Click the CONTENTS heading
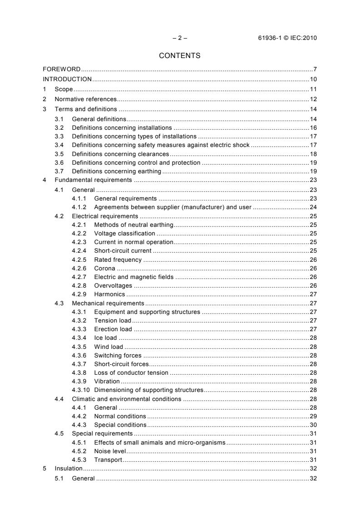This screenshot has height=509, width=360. (180, 56)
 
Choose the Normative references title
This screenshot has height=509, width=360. (86, 99)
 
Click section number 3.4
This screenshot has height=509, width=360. (59, 145)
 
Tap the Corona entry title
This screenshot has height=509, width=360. (104, 269)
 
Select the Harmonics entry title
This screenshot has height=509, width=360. (109, 294)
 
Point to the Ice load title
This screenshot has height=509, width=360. (105, 338)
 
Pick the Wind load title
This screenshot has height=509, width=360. (108, 347)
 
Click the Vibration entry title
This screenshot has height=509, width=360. (107, 382)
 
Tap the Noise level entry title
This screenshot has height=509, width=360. (110, 451)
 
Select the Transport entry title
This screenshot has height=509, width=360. (108, 460)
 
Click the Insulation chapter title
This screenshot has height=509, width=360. (69, 468)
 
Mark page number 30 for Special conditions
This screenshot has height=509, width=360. (313, 425)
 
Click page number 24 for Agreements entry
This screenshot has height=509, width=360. (313, 207)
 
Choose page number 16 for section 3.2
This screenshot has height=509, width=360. (313, 128)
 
